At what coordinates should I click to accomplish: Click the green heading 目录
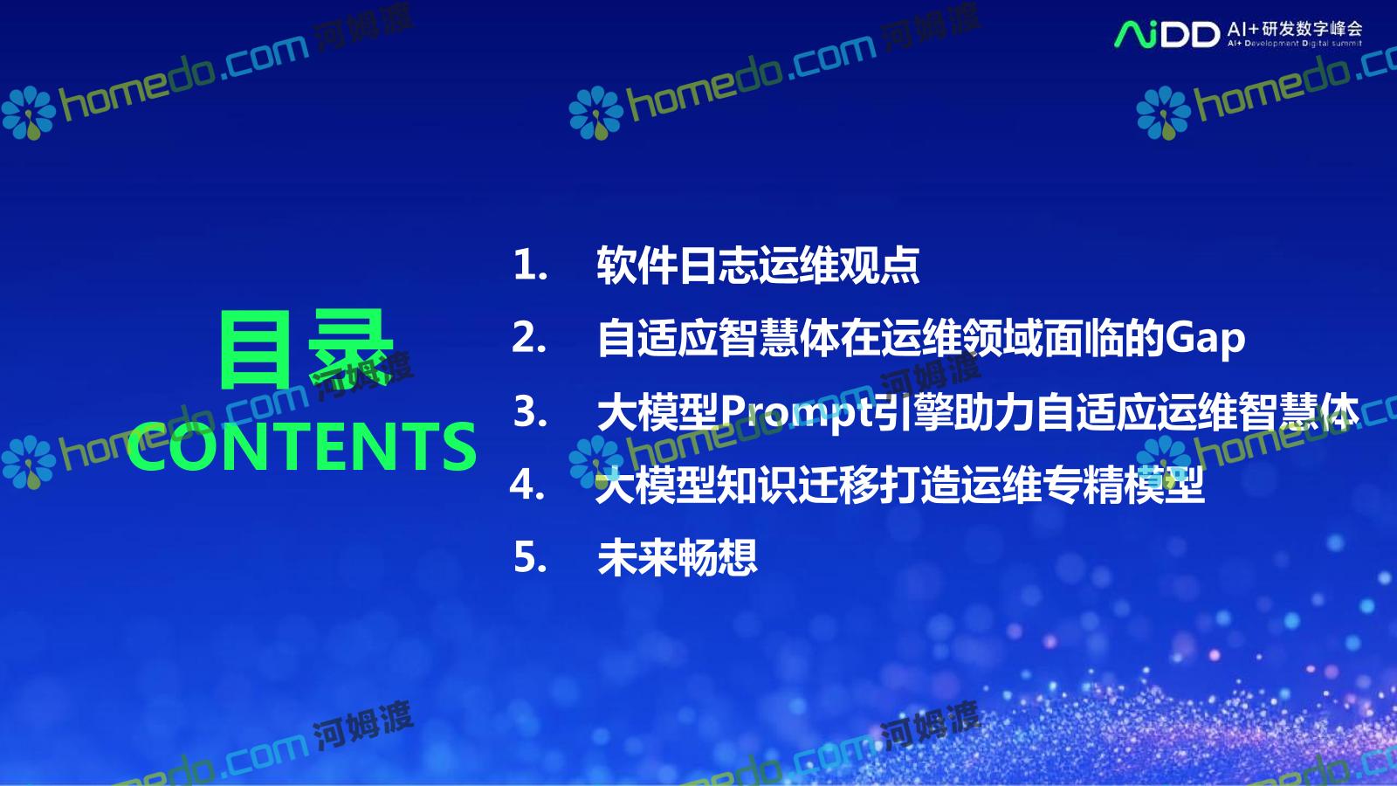pos(306,348)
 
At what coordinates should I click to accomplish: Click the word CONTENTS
pos(302,446)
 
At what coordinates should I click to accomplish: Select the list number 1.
pos(530,265)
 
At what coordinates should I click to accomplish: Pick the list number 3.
pos(530,411)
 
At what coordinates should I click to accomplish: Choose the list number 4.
pos(527,485)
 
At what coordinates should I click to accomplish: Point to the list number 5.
pos(530,557)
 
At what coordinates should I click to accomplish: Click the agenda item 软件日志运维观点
pos(758,265)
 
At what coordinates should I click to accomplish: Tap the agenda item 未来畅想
pos(678,557)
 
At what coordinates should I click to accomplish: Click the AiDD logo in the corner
pos(1166,34)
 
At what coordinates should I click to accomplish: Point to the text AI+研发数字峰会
pos(1295,29)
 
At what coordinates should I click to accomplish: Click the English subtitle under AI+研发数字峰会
pos(1295,44)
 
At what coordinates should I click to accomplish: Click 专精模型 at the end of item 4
pos(1123,485)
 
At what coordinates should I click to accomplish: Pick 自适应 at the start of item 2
pos(657,338)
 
